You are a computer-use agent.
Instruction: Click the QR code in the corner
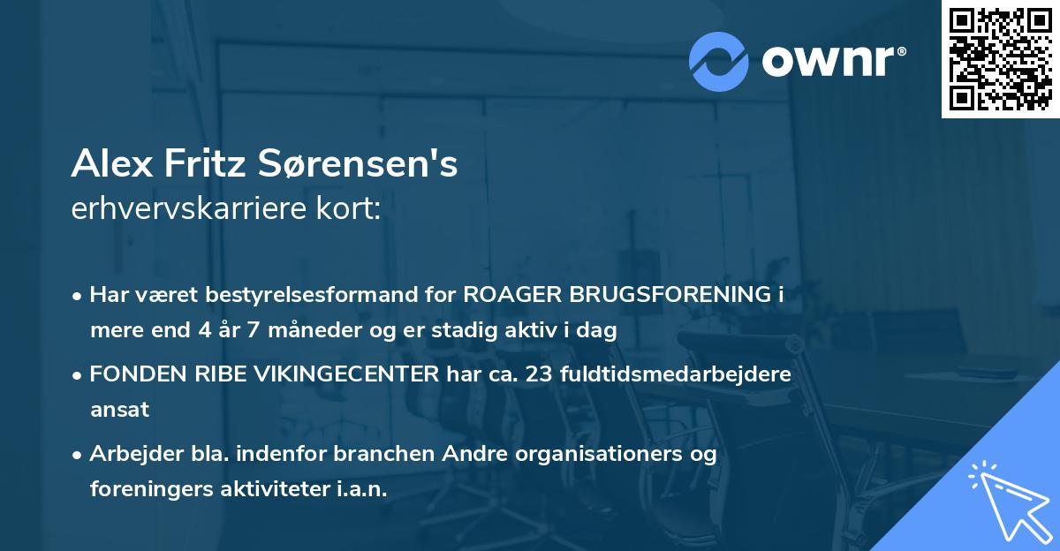tap(1000, 58)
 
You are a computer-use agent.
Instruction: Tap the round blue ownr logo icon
tap(718, 61)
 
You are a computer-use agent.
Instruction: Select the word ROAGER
tap(507, 295)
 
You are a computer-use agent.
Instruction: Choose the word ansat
tap(119, 410)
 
